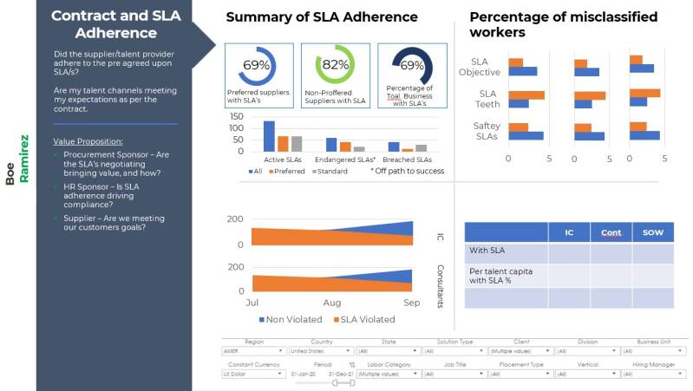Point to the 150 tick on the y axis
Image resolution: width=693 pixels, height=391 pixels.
point(236,115)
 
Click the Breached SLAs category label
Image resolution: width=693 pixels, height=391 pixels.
point(407,160)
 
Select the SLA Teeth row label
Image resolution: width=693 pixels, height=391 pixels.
point(487,99)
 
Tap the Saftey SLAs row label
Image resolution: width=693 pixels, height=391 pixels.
point(486,131)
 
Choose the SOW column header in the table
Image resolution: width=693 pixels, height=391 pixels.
point(652,232)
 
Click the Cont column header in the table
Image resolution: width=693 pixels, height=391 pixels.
point(611,232)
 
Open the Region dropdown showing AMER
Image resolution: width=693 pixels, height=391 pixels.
point(252,351)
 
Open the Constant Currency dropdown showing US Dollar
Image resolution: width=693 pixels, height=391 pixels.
point(252,374)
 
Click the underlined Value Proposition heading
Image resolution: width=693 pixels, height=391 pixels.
point(88,140)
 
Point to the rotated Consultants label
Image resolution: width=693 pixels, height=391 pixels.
point(440,286)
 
